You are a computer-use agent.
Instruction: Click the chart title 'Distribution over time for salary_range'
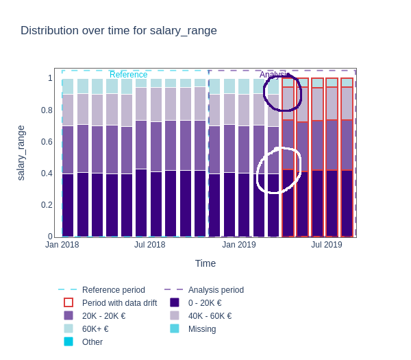119,30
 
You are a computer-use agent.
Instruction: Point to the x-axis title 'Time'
205,263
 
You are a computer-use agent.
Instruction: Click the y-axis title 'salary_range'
21,153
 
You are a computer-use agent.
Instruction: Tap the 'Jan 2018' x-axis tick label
62,245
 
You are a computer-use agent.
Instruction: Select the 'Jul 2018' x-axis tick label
149,245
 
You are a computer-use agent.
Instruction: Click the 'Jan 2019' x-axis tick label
238,245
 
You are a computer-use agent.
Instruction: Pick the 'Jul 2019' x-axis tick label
326,245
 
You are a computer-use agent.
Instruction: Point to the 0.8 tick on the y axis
47,110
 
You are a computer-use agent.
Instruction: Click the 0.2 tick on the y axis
47,205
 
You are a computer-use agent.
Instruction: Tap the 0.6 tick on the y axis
47,142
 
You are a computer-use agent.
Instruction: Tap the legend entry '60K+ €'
95,329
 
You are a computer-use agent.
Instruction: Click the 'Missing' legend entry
201,329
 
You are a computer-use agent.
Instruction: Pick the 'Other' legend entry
92,342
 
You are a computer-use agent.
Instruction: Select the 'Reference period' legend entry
113,290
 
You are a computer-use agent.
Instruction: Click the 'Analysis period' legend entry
216,290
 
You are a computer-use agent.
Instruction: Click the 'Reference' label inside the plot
128,75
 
